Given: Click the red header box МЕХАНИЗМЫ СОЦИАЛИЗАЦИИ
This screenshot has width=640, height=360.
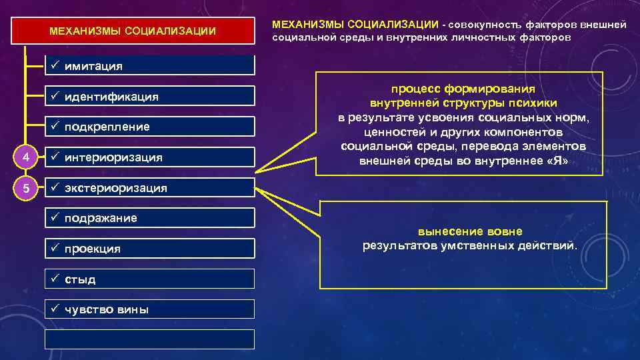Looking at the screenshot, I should point(133,31).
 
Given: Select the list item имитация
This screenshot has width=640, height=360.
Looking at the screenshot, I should point(149,66).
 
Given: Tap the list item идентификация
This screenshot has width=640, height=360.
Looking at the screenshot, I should point(149,97).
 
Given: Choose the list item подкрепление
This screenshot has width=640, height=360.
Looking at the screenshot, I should point(149,127).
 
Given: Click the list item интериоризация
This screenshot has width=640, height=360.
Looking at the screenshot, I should point(149,157).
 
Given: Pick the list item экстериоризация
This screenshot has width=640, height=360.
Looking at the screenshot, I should point(149,188).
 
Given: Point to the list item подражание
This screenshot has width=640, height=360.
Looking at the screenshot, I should point(149,218).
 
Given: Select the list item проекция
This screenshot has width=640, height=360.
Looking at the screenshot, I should point(149,249).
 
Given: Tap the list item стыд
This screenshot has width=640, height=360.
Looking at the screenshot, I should point(149,279).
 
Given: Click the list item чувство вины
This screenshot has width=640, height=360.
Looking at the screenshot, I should point(149,309).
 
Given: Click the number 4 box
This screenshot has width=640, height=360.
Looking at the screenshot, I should point(25,157).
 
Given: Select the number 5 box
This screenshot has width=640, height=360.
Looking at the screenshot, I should point(25,188).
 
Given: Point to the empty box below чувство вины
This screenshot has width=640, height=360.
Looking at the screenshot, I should point(149,339).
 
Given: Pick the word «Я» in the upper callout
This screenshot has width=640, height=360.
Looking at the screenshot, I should point(555,161).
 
